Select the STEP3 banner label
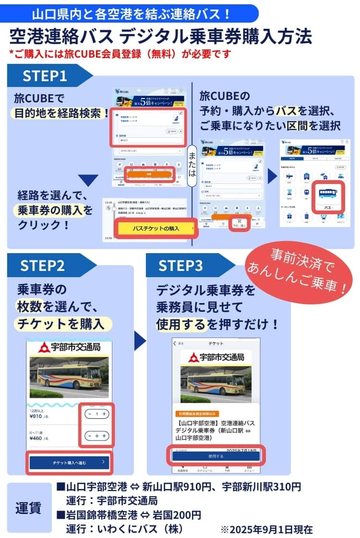click(180, 266)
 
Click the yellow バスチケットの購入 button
click(156, 229)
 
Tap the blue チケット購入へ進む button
click(70, 463)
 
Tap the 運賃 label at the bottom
click(28, 508)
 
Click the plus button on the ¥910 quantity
click(104, 414)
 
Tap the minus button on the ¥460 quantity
click(90, 436)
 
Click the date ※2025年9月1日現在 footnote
click(266, 529)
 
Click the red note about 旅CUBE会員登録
click(120, 54)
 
